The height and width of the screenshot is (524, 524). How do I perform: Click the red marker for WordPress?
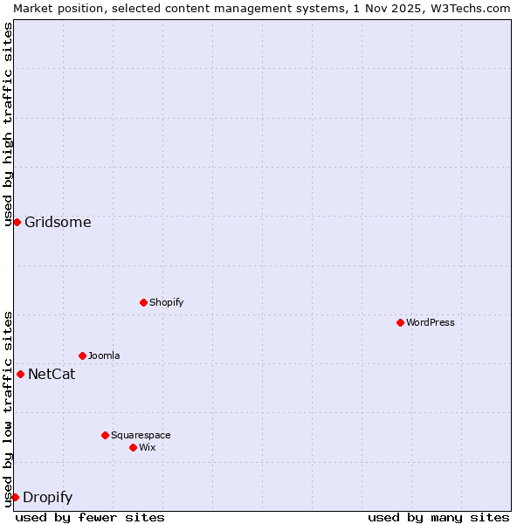click(400, 322)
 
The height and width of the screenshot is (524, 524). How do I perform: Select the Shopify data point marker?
click(143, 302)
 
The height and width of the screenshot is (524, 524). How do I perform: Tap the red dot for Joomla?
click(82, 355)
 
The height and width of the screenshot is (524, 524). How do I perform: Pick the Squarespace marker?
click(105, 435)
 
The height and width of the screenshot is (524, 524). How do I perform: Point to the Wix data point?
click(133, 447)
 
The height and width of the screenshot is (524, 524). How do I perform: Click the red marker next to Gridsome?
click(17, 222)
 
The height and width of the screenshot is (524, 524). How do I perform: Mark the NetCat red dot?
click(20, 374)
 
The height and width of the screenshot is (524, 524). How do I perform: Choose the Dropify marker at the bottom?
click(15, 497)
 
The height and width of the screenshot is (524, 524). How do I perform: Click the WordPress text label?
click(431, 322)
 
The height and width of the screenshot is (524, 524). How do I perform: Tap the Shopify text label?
click(167, 302)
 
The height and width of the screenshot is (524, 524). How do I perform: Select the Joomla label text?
click(104, 355)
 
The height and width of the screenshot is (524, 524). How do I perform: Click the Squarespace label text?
click(141, 435)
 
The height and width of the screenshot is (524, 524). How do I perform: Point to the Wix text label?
click(148, 447)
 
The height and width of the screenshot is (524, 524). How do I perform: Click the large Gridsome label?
click(58, 222)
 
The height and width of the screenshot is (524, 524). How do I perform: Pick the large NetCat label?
click(52, 375)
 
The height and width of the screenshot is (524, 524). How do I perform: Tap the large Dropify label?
click(47, 498)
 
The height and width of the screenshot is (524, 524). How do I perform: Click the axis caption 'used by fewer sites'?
click(90, 517)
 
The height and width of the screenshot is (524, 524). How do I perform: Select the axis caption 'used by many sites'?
click(438, 517)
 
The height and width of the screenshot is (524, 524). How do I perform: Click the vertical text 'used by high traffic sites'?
click(8, 124)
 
